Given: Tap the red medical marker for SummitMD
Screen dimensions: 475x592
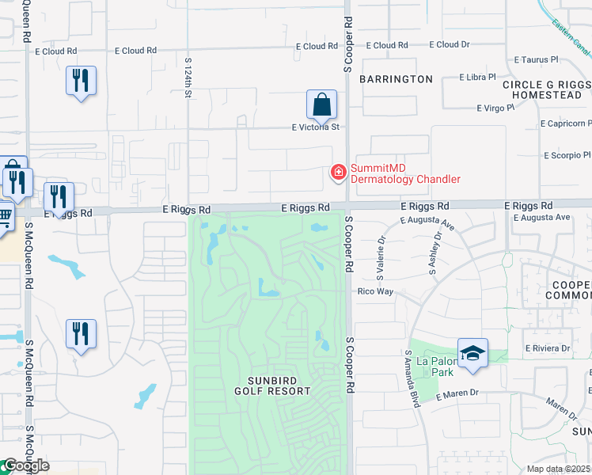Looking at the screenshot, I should pos(338,172).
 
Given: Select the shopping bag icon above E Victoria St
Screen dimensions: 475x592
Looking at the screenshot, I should pos(321,104).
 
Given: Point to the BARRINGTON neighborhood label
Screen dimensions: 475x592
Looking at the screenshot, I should pos(397,79).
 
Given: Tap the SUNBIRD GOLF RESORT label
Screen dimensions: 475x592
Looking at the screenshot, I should pos(272,385).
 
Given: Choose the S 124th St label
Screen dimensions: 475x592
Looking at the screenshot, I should pos(188,77).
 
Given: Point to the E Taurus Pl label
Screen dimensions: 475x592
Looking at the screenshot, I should pos(536,59).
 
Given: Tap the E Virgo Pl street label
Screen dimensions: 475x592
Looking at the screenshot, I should pos(495,108).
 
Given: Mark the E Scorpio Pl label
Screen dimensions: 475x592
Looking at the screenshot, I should pos(567,155).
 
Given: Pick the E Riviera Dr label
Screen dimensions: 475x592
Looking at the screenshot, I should pos(547,348).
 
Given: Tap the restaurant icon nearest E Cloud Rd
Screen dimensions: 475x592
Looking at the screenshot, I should pos(81,82).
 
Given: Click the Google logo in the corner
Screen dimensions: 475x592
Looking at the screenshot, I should pos(25,465).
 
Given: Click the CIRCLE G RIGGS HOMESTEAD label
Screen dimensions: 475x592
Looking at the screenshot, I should pos(546,89).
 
